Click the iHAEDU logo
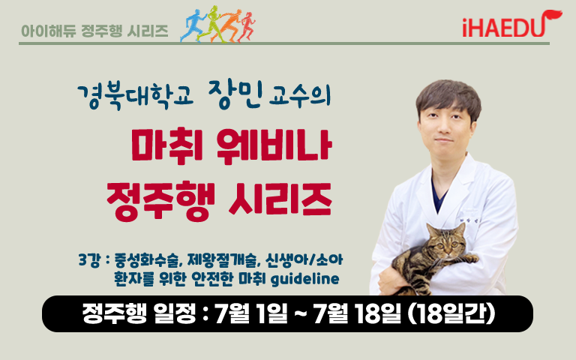point(512,24)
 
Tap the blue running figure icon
point(193,25)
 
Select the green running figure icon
point(211,24)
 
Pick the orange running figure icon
point(229,25)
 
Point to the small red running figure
point(247,27)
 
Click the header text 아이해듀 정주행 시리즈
point(94,31)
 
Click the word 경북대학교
point(135,97)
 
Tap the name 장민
point(235,94)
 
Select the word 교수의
point(300,96)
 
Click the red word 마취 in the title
point(166,145)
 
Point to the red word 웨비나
point(274,145)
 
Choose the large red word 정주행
point(160,200)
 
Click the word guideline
point(304,279)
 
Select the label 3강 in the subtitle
point(89,260)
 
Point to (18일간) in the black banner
point(451,313)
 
